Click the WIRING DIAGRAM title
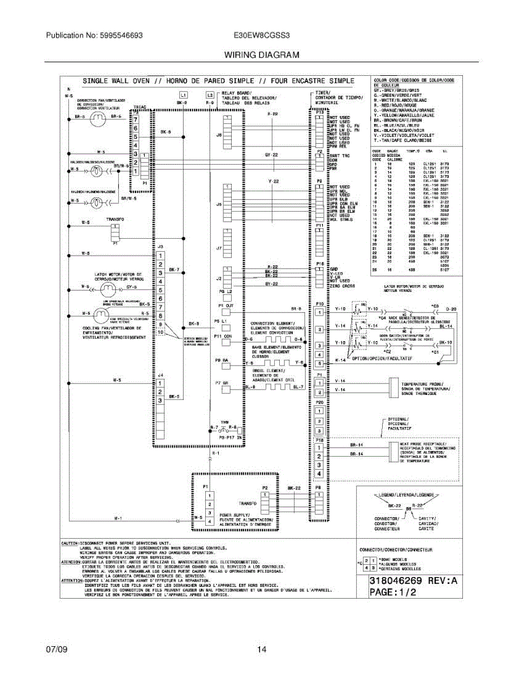point(262,55)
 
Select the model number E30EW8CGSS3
point(262,35)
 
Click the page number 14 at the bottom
point(262,650)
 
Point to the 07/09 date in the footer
point(57,650)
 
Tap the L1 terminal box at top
point(183,94)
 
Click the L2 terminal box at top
point(210,94)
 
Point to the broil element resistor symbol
point(274,387)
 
